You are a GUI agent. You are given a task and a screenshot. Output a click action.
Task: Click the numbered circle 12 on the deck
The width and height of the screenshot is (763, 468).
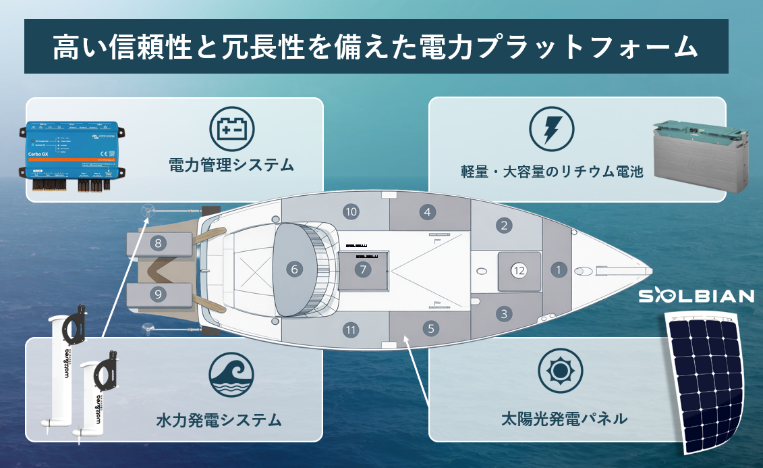pos(518,270)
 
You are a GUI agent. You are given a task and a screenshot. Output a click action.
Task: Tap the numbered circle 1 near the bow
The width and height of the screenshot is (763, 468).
pos(558,270)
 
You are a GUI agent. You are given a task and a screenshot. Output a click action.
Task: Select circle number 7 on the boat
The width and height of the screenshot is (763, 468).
pos(363,269)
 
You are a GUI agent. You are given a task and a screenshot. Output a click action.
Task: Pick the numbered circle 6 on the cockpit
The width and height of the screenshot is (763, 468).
pos(293,269)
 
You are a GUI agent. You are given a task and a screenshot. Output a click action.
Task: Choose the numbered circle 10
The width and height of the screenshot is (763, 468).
pos(350,211)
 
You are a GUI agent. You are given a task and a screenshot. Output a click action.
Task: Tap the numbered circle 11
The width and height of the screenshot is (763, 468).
pos(349,330)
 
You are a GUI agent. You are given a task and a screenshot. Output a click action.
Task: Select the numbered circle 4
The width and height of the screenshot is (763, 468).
pos(426,212)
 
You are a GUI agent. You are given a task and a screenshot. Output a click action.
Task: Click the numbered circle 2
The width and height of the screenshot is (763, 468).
pos(503,226)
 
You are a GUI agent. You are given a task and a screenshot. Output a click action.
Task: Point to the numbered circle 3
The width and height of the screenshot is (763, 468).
pos(503,314)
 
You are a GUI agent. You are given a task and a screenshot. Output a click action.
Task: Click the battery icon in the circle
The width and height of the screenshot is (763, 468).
pos(232,128)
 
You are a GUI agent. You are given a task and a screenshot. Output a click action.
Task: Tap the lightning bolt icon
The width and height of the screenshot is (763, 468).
pos(552,128)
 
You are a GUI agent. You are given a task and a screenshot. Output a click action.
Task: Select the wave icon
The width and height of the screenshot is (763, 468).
pos(231,374)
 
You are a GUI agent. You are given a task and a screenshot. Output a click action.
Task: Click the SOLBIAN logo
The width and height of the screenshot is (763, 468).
pos(696,296)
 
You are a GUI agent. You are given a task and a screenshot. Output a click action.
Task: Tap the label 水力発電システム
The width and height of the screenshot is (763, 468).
pos(218,420)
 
